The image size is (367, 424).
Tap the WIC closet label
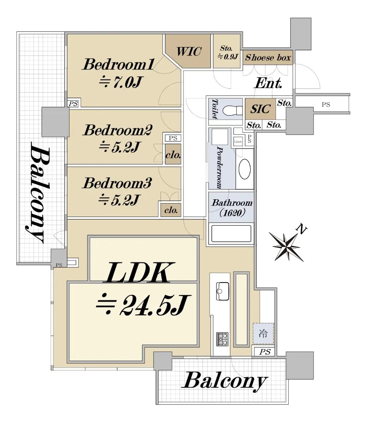click(x=189, y=52)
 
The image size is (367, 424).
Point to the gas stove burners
click(x=222, y=339)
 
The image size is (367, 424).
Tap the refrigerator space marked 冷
click(x=263, y=333)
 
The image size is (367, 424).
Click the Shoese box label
click(x=268, y=58)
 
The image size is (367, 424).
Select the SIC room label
click(x=260, y=109)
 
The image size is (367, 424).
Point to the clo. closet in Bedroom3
click(x=171, y=210)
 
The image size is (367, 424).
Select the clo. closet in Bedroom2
click(x=173, y=154)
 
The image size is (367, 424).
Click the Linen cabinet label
click(x=238, y=142)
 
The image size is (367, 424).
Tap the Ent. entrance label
click(x=268, y=83)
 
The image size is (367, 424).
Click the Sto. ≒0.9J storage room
click(x=226, y=52)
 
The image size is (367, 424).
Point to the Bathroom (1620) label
click(x=232, y=207)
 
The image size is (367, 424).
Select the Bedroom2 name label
click(x=118, y=130)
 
